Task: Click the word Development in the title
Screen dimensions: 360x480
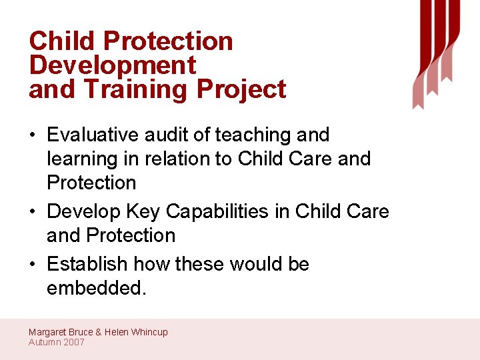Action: [113, 65]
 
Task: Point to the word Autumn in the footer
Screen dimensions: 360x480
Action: [44, 342]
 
